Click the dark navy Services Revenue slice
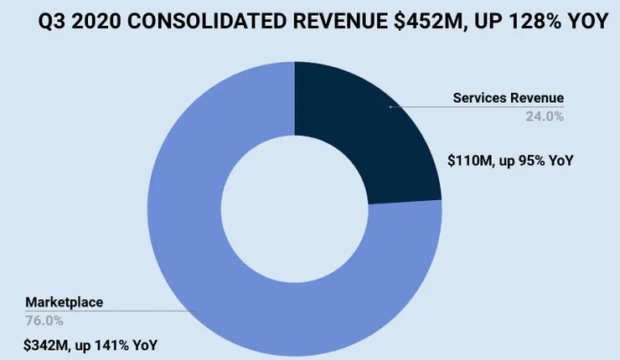point(360,134)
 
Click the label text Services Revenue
point(509,98)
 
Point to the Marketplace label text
point(65,301)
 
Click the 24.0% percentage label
point(545,116)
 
